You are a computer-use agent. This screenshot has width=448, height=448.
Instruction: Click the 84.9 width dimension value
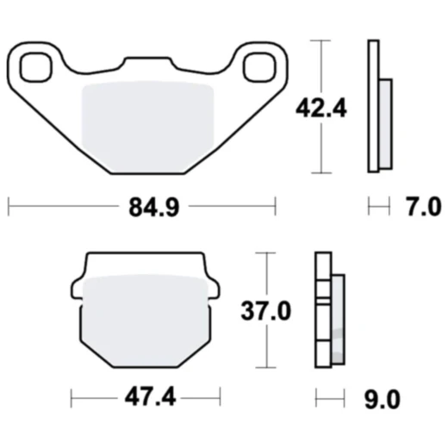[154, 207]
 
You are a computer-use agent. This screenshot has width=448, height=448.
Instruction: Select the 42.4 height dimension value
[321, 109]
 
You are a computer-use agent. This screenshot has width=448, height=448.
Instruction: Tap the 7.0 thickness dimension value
[423, 207]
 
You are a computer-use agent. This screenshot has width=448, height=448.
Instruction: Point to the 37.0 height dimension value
[265, 310]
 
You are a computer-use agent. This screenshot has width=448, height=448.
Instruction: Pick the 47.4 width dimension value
[150, 398]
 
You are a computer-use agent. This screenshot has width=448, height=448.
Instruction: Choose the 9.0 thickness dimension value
[383, 399]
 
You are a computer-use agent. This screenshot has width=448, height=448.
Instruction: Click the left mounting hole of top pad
[36, 67]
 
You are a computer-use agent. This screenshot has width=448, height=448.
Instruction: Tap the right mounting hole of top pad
[259, 67]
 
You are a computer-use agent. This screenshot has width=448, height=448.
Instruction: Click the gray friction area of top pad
[148, 127]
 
